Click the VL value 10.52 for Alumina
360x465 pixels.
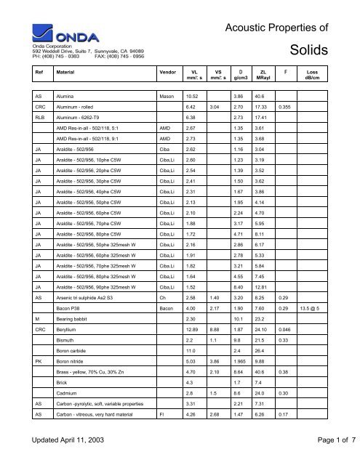tap(193, 95)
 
